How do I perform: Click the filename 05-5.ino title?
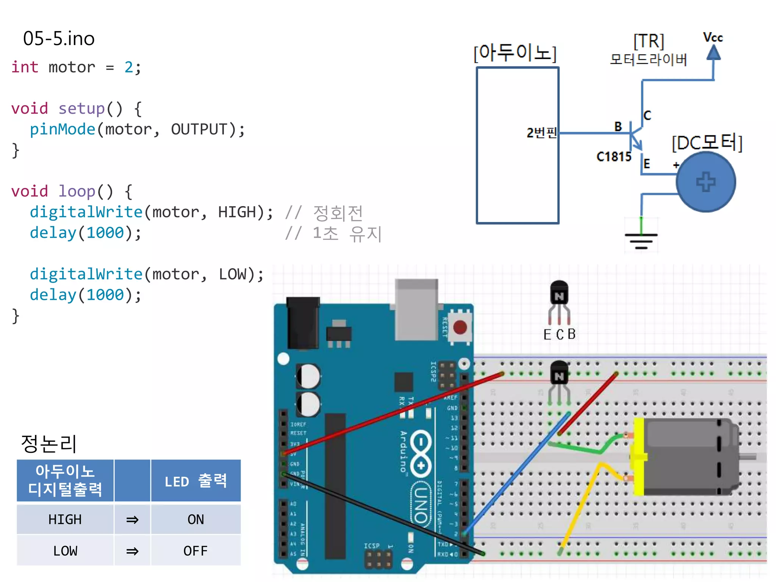pyautogui.click(x=59, y=39)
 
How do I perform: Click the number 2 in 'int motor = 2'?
pyautogui.click(x=129, y=67)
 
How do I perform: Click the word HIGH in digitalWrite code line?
pyautogui.click(x=237, y=212)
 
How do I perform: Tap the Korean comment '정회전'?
pyautogui.click(x=338, y=213)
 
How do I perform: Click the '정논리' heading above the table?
pyautogui.click(x=49, y=443)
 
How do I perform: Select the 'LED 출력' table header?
pyautogui.click(x=196, y=481)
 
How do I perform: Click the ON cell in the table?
pyautogui.click(x=196, y=519)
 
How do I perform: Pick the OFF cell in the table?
pyautogui.click(x=196, y=551)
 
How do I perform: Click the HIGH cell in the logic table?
pyautogui.click(x=65, y=519)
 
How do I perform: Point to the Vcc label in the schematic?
pyautogui.click(x=713, y=38)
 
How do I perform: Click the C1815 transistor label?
pyautogui.click(x=614, y=156)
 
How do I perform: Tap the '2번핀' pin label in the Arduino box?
pyautogui.click(x=541, y=133)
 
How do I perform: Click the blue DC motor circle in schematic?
pyautogui.click(x=706, y=182)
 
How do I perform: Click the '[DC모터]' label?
pyautogui.click(x=707, y=143)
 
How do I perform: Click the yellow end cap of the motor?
pyautogui.click(x=639, y=457)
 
